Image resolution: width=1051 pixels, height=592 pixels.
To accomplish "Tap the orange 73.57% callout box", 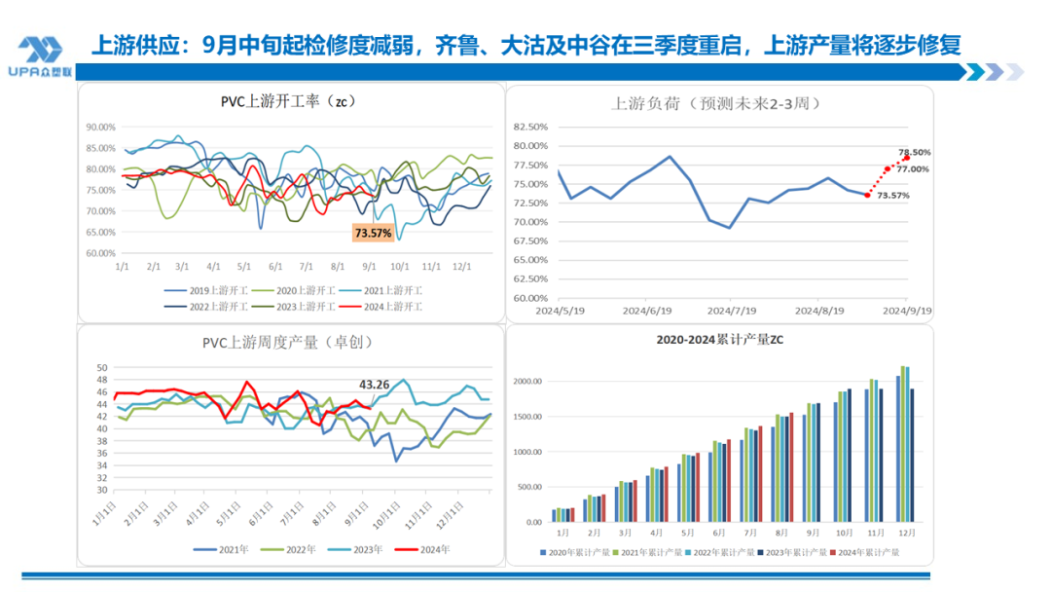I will point(373,234).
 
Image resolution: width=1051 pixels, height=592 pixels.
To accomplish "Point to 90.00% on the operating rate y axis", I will point(101,127).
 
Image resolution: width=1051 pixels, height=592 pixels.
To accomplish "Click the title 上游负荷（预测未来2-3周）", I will point(717,103).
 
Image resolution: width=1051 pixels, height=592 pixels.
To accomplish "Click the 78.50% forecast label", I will point(914,153).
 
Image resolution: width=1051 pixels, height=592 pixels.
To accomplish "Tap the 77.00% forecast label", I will point(912,169).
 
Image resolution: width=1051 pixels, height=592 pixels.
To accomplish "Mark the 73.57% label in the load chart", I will point(892,196).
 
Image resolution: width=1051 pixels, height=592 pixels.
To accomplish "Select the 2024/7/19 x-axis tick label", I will point(731,311).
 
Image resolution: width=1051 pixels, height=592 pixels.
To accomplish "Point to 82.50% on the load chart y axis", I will point(529,127).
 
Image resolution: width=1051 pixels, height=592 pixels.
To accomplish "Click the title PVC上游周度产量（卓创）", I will point(287,342).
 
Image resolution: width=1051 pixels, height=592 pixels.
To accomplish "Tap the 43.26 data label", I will point(375,385).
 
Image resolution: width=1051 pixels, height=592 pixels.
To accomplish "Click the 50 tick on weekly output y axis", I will point(102,368).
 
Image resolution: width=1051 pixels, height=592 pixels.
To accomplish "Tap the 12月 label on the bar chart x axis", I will point(905,534).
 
